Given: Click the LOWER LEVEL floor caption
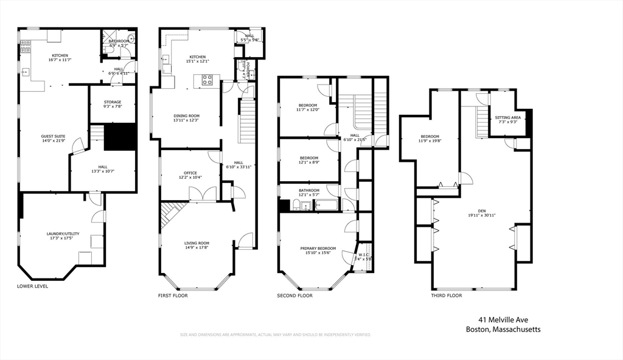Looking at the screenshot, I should pos(33,286).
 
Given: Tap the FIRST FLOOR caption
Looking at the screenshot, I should pos(173,296).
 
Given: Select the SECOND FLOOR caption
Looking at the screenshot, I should pos(295,296).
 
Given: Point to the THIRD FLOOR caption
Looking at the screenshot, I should pos(447,296).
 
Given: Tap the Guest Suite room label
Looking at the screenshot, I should pos(54,137).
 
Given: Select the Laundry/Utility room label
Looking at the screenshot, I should pos(59,235).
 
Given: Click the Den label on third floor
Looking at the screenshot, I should pos(481,213).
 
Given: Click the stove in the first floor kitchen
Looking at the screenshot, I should pos(207,78).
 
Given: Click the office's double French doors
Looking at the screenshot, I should pos(202,194).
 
